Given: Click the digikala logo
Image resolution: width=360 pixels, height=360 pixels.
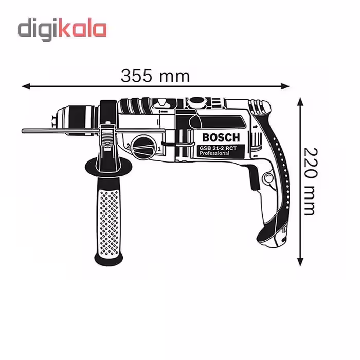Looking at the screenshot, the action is pyautogui.click(x=62, y=30).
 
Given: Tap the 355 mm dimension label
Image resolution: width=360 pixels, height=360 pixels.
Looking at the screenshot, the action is pyautogui.click(x=155, y=76).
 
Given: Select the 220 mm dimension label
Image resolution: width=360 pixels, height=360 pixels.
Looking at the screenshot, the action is pyautogui.click(x=311, y=182).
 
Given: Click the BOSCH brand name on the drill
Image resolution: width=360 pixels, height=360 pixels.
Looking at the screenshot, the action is pyautogui.click(x=221, y=137).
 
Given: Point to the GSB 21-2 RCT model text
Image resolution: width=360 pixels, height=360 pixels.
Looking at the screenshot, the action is pyautogui.click(x=218, y=148).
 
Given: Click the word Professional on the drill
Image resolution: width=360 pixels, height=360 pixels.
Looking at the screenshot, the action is pyautogui.click(x=214, y=153).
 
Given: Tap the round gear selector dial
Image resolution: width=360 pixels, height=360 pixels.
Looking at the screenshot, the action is pyautogui.click(x=143, y=147).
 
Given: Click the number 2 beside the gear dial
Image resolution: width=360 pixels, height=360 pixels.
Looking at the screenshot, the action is pyautogui.click(x=128, y=146).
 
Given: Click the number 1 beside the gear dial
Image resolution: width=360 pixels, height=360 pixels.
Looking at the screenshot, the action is pyautogui.click(x=159, y=148).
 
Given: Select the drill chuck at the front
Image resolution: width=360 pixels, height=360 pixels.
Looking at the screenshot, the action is pyautogui.click(x=76, y=120).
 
